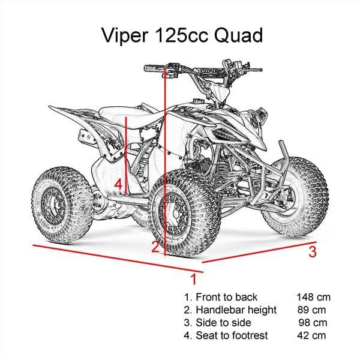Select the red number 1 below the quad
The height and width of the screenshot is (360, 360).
click(193, 280)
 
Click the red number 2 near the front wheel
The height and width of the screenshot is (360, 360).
click(155, 246)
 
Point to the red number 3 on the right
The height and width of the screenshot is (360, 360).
click(312, 252)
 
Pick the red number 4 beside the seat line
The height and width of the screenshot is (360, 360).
click(119, 184)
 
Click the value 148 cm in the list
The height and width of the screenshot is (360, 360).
click(313, 297)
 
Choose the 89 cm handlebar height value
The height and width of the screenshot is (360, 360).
click(312, 310)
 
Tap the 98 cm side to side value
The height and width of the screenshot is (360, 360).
click(312, 323)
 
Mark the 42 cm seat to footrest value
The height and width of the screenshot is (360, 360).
click(312, 335)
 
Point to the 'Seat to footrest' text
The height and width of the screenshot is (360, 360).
click(231, 335)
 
